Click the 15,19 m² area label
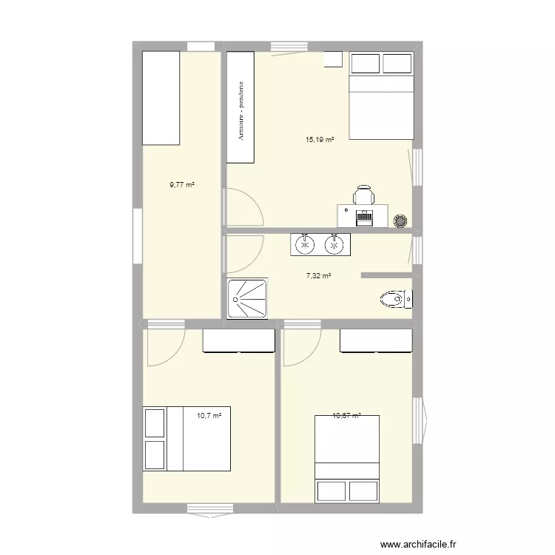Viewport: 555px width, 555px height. click(x=320, y=139)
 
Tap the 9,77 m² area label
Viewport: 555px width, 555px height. click(x=181, y=185)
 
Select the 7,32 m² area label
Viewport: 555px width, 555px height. click(x=318, y=276)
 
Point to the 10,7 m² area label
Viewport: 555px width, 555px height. click(x=209, y=416)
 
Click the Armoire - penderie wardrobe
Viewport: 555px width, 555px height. click(x=240, y=107)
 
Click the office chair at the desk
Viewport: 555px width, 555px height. click(x=363, y=195)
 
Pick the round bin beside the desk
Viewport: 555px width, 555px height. click(x=400, y=220)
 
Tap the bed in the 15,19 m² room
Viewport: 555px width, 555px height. click(x=380, y=95)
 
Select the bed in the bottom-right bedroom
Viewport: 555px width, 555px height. click(x=348, y=459)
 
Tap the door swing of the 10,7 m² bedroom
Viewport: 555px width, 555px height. click(x=164, y=348)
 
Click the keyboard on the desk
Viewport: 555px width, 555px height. click(x=364, y=218)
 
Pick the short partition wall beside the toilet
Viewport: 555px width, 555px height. click(x=386, y=275)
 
